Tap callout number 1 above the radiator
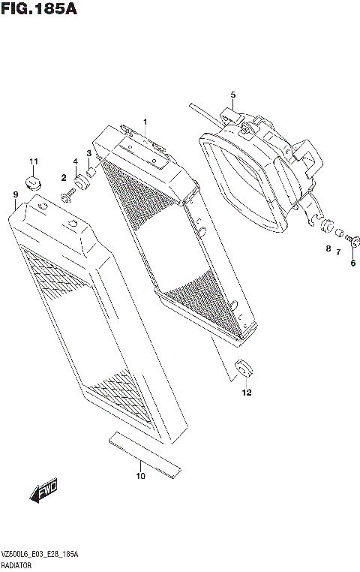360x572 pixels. (x=145, y=122)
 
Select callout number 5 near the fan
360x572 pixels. (x=232, y=95)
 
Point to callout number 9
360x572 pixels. (x=15, y=195)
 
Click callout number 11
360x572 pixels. (x=33, y=162)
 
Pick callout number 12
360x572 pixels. (x=246, y=392)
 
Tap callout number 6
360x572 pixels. (x=352, y=263)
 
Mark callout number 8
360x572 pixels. (x=328, y=248)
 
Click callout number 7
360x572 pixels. (x=338, y=252)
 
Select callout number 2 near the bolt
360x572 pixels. (x=64, y=177)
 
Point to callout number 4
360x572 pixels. (x=76, y=162)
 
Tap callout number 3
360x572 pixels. (x=88, y=154)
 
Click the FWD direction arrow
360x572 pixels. (x=44, y=492)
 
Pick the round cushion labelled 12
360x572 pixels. (x=243, y=369)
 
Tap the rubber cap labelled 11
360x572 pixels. (x=31, y=182)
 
